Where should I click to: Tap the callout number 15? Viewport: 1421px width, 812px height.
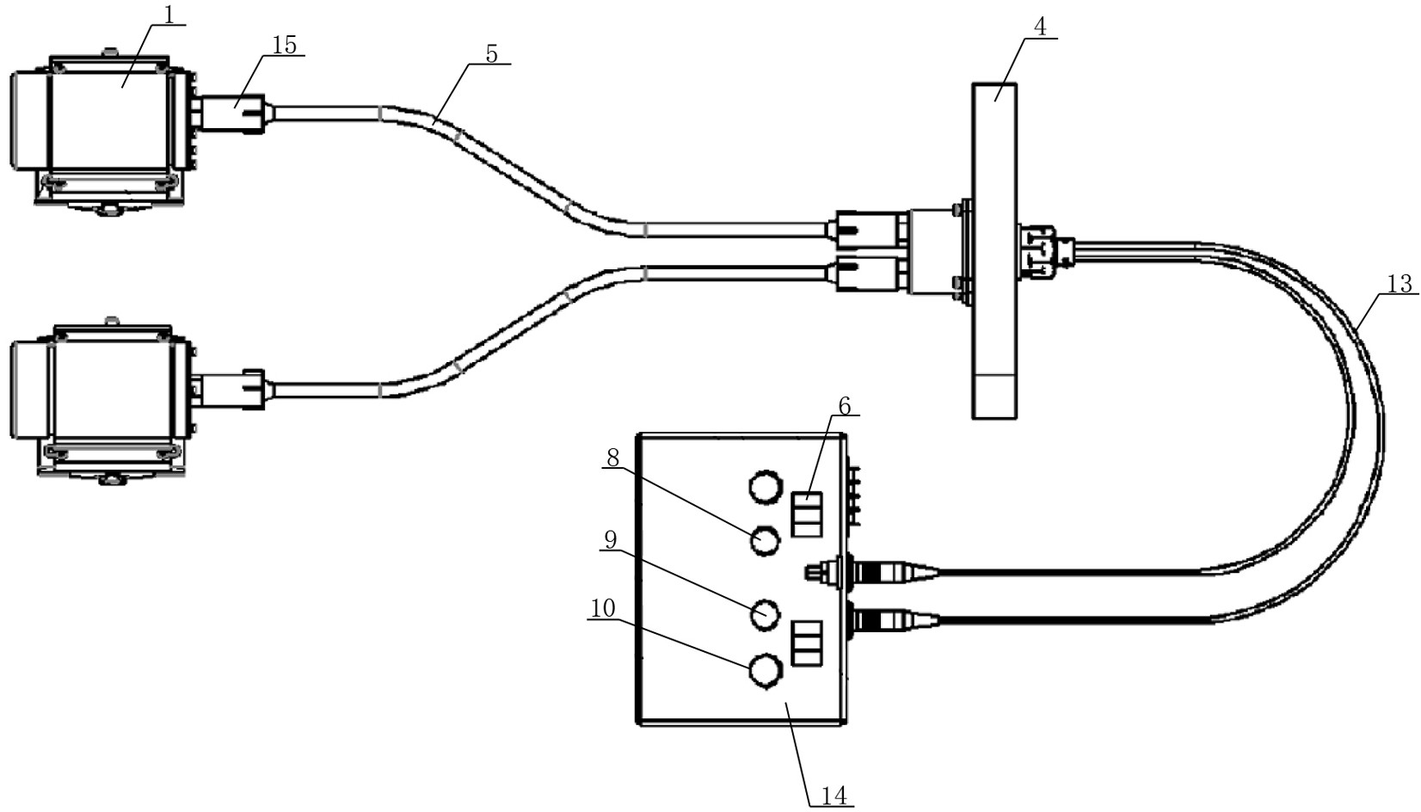point(284,45)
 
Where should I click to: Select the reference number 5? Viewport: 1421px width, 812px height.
point(492,54)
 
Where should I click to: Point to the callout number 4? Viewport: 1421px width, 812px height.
point(1040,27)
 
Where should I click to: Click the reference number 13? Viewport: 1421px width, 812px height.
point(1399,284)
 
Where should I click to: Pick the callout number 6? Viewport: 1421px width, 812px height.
point(844,405)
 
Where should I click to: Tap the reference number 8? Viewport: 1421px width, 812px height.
point(612,458)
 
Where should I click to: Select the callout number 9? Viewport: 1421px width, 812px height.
point(610,540)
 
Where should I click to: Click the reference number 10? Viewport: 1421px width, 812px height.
point(603,608)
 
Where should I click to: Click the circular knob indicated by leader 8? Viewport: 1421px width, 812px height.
point(765,540)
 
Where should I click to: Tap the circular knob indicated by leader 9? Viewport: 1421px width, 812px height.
point(765,614)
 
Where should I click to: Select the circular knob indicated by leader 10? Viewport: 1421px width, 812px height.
point(765,672)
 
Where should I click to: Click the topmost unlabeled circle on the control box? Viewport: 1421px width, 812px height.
point(765,488)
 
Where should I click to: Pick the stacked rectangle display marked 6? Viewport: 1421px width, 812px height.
point(807,514)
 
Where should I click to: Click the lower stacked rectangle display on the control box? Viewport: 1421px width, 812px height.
point(807,643)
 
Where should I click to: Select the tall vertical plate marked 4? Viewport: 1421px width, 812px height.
point(994,250)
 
